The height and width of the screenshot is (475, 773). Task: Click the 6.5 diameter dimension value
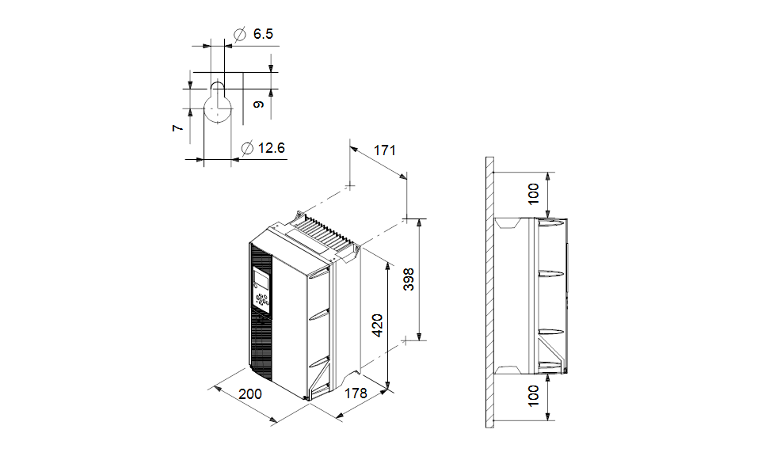point(263,34)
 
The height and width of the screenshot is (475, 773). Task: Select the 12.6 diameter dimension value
point(271,147)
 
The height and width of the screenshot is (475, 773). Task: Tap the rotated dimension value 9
point(258,104)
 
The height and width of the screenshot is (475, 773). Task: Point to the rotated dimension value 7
point(178,126)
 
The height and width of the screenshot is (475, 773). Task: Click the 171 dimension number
point(384,150)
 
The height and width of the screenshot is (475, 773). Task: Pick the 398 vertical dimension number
point(409,279)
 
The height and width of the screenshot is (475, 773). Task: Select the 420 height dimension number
point(378,325)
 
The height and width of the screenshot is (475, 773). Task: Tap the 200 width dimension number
point(250,393)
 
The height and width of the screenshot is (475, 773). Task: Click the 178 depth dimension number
point(356,393)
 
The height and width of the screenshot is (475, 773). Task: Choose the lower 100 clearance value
point(534,396)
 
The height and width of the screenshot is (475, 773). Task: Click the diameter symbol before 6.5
point(240,34)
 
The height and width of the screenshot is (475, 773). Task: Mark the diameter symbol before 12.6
point(246,147)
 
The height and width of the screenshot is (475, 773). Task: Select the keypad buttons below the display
point(262,299)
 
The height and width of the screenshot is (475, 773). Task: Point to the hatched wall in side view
point(490,293)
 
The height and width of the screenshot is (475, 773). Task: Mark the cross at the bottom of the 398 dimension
point(407,340)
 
